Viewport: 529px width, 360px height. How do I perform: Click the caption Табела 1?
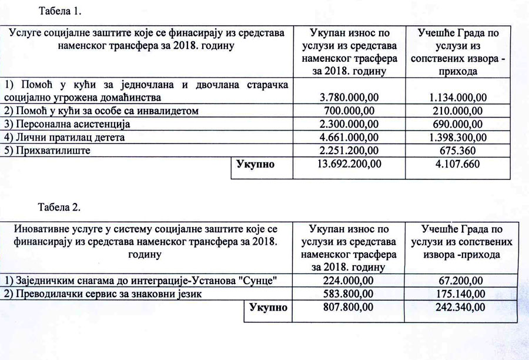[x=61, y=11]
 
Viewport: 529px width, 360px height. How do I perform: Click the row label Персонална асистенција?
[x=70, y=124]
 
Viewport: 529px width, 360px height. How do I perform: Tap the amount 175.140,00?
[x=454, y=294]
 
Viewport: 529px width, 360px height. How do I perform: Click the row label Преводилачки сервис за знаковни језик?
[x=103, y=294]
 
